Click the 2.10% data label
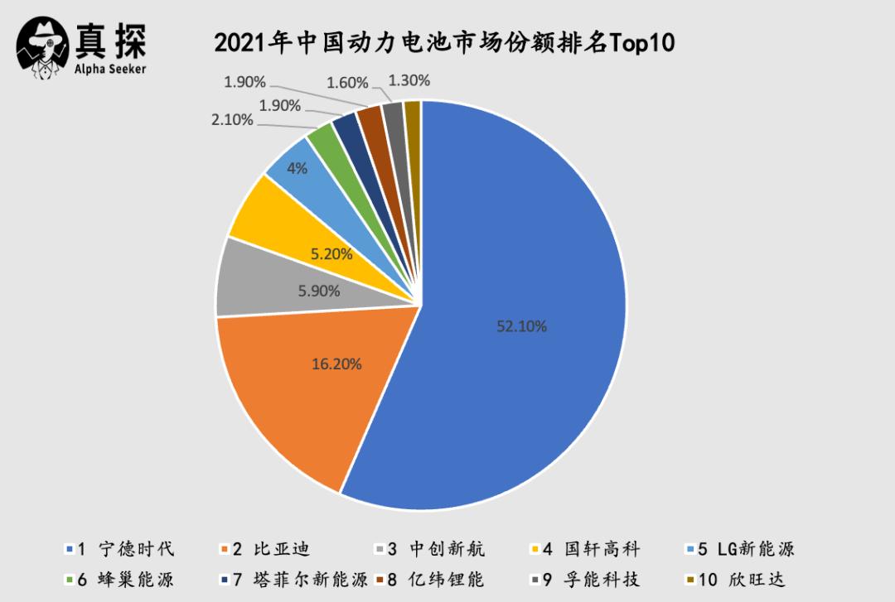pyautogui.click(x=232, y=120)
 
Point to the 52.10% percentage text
pyautogui.click(x=522, y=326)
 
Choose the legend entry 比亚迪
pyautogui.click(x=273, y=549)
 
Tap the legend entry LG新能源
pyautogui.click(x=746, y=549)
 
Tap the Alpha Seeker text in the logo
pyautogui.click(x=109, y=69)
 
